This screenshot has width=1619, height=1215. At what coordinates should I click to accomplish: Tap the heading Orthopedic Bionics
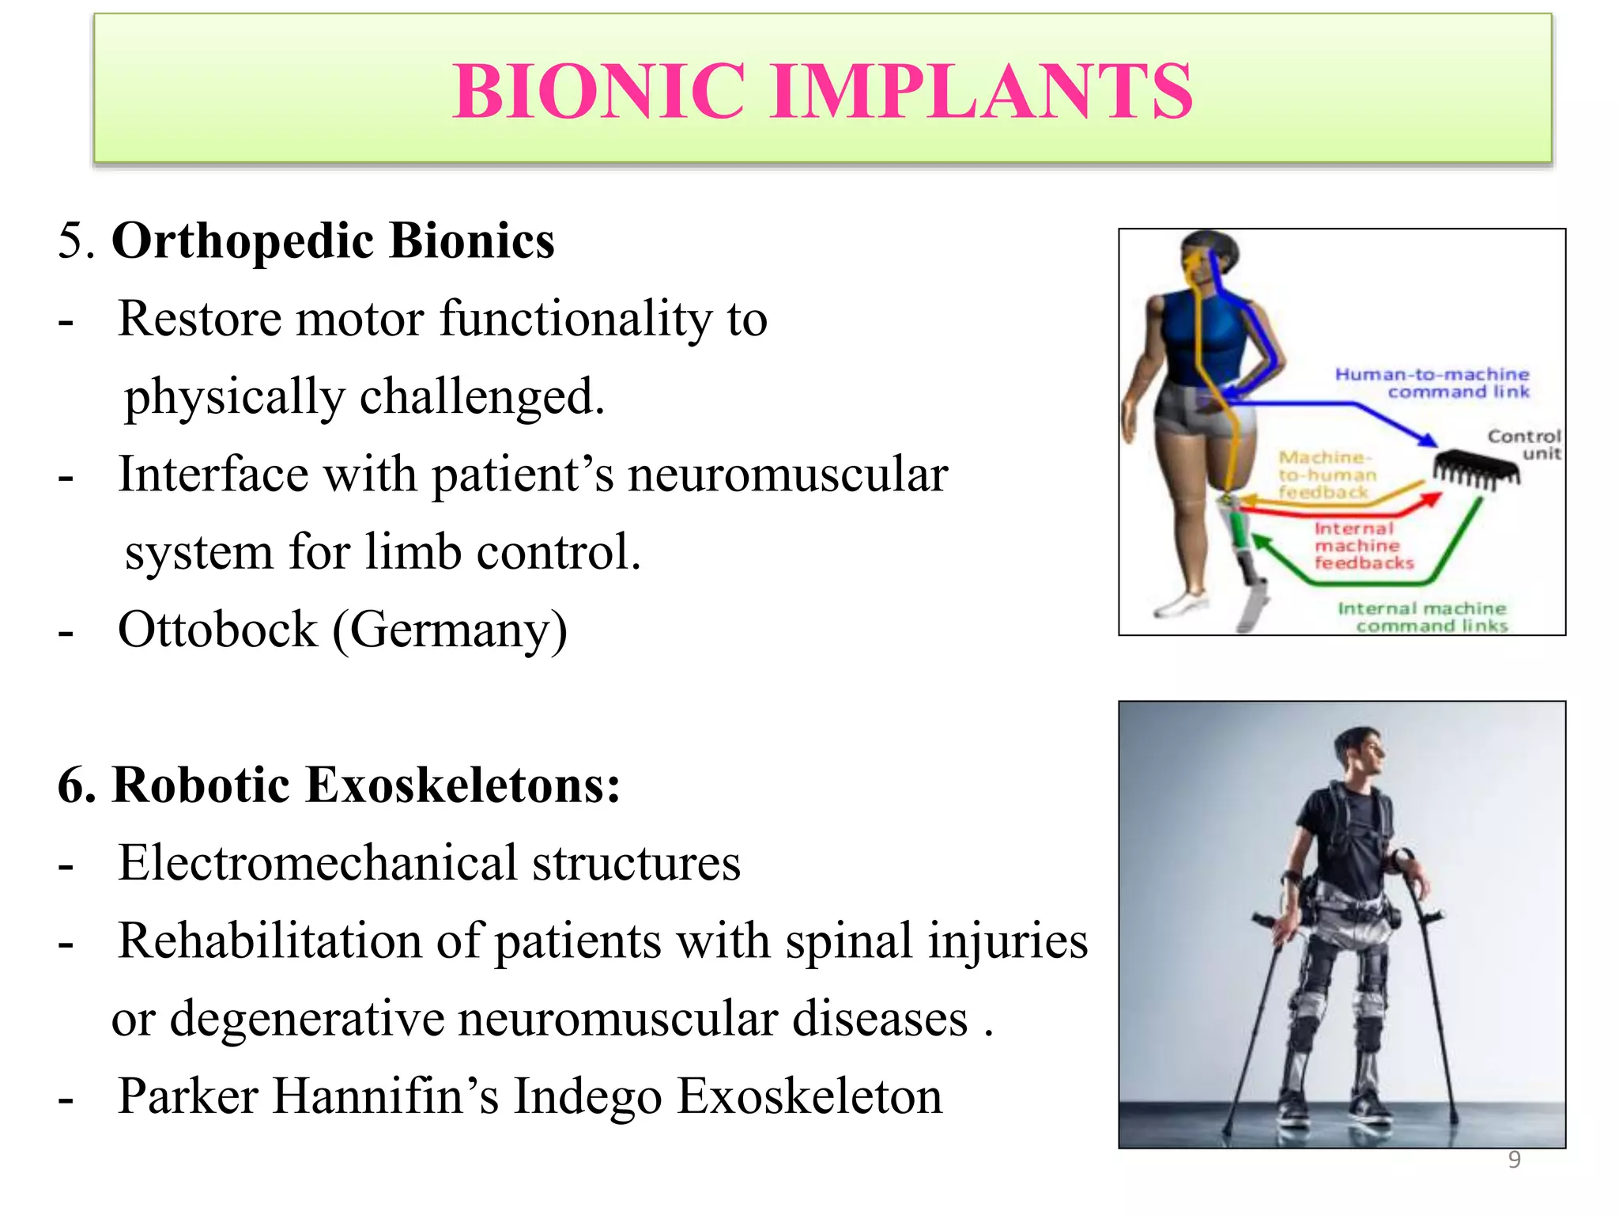(332, 240)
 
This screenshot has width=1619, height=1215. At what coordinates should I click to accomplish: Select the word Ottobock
(217, 630)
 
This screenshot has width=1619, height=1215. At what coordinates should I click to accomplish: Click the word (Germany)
(450, 631)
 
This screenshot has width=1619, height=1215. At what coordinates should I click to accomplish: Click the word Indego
(587, 1097)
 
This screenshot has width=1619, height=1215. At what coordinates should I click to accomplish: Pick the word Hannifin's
(387, 1096)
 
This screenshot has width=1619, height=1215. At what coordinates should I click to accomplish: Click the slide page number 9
(1514, 1160)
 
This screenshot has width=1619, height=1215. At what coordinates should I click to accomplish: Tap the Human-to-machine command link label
(1432, 383)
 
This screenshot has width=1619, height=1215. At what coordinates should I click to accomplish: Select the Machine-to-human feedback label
(1327, 475)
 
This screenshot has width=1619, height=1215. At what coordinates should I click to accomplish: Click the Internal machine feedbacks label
(1363, 546)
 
